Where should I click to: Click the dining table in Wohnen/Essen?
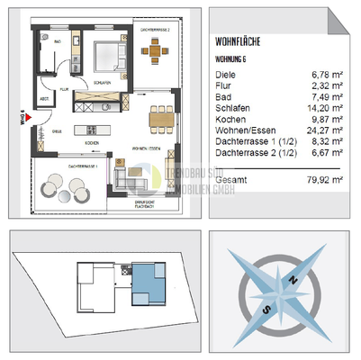[161, 115]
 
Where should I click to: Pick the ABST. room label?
[45, 99]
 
